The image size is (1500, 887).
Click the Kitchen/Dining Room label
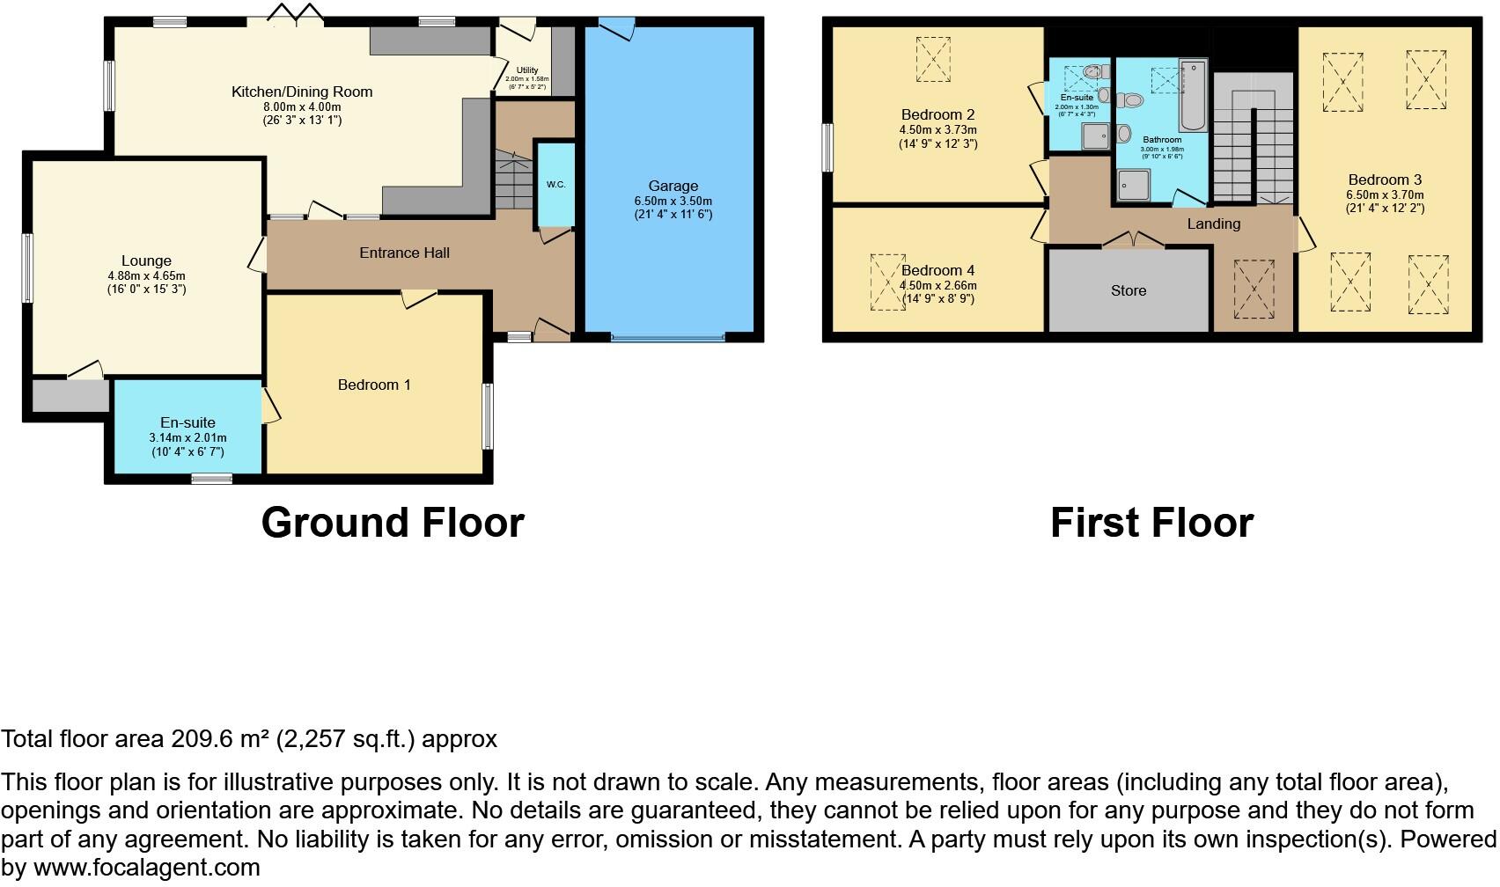point(302,92)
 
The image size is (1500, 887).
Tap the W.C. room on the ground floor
point(555,185)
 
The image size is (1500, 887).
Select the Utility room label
point(527,70)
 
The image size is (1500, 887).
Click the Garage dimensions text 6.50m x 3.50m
point(673,201)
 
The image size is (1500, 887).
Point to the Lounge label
point(146,260)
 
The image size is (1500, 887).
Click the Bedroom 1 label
point(374,385)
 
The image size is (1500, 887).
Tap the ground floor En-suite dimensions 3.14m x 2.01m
point(187,437)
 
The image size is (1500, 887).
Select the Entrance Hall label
point(404,253)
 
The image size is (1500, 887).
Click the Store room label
point(1129,290)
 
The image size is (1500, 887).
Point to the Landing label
point(1213,224)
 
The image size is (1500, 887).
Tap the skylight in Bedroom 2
point(933,58)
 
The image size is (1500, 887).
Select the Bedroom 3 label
point(1385,180)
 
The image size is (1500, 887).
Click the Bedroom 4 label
point(937,270)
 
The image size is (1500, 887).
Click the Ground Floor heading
point(393,522)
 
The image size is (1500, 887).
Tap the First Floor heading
point(1151,522)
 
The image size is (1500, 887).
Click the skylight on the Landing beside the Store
point(1254,289)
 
